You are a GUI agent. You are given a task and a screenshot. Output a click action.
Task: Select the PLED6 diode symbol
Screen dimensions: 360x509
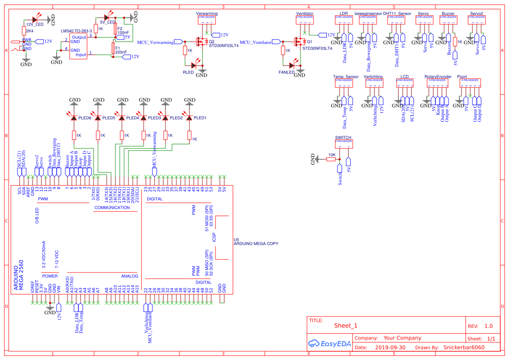coord(74,118)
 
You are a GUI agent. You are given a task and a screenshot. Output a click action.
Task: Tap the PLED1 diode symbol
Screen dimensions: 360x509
coord(189,118)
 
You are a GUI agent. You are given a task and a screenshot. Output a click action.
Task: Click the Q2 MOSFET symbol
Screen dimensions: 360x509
coord(201,42)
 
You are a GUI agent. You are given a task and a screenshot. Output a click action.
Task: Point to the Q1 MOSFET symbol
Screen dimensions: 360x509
coord(299,42)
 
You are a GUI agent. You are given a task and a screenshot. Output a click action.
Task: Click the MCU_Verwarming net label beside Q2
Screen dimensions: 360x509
coord(155,42)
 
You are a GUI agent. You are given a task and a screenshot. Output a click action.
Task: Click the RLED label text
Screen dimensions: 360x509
coord(188,73)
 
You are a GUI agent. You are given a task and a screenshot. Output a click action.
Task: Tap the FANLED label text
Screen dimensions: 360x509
coord(287,73)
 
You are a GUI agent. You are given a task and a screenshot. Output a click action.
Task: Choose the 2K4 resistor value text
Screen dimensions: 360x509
coord(30,31)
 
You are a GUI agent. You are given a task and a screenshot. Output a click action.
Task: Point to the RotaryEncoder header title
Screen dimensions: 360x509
coord(438,77)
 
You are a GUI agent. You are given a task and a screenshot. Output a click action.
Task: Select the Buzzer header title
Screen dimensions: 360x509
coord(448,13)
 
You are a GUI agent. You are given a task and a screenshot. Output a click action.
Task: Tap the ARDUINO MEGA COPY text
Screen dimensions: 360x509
coord(256,244)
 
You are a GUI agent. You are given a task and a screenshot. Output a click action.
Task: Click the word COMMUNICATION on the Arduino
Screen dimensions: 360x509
coord(112,208)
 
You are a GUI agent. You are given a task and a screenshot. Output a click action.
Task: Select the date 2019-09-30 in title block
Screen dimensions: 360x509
coord(390,348)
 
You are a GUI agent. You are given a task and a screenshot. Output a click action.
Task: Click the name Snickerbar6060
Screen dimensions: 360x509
coord(464,348)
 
